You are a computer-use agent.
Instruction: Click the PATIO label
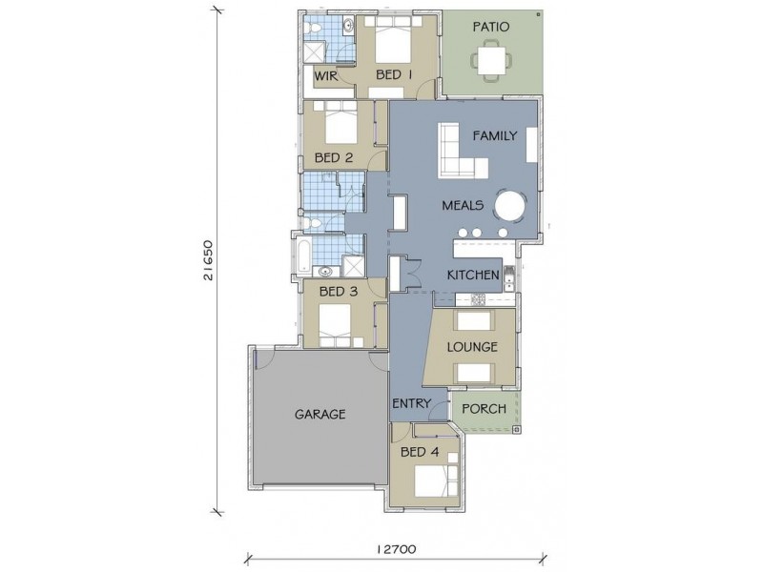[491, 27]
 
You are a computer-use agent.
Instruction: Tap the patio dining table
[491, 61]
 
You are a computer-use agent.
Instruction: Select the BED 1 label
[394, 75]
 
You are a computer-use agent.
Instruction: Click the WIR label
[326, 76]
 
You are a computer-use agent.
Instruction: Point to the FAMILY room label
[495, 135]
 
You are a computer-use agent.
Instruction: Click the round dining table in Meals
[510, 206]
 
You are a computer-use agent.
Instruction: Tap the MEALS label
[463, 205]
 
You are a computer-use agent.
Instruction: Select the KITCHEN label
[473, 276]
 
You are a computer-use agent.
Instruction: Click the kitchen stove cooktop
[478, 299]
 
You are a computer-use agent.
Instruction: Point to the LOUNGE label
[472, 347]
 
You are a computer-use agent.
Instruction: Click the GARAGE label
[320, 415]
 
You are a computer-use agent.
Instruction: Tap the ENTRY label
[412, 403]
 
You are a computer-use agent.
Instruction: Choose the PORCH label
[484, 409]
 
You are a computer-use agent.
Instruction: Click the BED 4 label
[420, 452]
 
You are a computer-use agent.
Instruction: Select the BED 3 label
[339, 292]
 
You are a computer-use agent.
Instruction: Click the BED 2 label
[334, 158]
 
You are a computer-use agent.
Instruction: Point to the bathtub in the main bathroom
[302, 255]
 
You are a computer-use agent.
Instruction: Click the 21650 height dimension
[208, 260]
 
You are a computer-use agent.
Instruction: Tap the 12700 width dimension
[396, 550]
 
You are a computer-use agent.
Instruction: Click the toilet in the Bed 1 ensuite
[312, 29]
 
